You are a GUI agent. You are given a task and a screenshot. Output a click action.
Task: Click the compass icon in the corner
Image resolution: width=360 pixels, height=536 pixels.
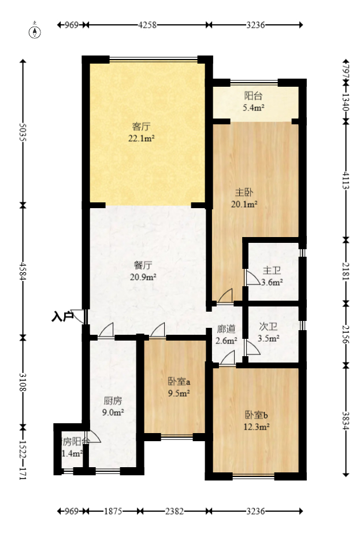[x=36, y=31]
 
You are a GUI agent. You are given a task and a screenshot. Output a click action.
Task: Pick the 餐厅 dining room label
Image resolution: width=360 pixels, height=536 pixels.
[x=143, y=265]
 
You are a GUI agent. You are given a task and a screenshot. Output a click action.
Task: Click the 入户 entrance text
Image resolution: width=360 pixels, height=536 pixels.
[x=62, y=316]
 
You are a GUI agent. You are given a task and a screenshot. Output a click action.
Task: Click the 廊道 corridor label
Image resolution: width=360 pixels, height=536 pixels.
[x=225, y=329]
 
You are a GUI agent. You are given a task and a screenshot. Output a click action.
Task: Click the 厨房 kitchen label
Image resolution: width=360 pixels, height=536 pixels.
[x=113, y=400]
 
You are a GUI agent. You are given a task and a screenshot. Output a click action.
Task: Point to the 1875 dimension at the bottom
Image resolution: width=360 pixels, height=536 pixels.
[x=113, y=511]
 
